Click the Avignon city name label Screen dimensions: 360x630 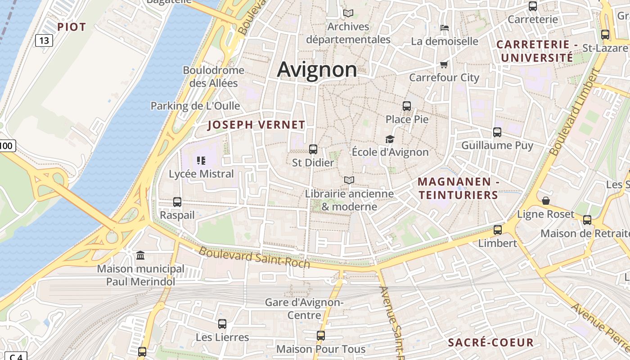317,69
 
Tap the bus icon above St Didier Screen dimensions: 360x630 313,149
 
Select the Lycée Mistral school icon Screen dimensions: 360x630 201,160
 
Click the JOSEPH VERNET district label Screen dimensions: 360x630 256,125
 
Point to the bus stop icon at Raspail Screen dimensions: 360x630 177,202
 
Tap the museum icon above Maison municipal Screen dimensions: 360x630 140,256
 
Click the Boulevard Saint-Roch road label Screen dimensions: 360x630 254,257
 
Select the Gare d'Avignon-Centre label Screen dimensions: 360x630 304,308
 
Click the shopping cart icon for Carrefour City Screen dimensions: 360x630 444,64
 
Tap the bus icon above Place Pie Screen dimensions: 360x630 407,106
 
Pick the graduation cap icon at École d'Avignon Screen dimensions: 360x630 390,139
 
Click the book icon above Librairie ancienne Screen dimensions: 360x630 349,180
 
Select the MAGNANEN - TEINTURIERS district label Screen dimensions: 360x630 458,188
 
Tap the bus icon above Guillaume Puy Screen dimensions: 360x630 497,132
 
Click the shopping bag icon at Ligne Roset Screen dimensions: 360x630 546,201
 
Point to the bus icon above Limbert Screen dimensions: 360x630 498,230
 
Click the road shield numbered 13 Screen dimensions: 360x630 44,40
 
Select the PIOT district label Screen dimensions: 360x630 71,27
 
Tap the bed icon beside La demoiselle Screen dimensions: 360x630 445,28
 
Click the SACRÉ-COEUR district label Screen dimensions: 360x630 490,342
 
